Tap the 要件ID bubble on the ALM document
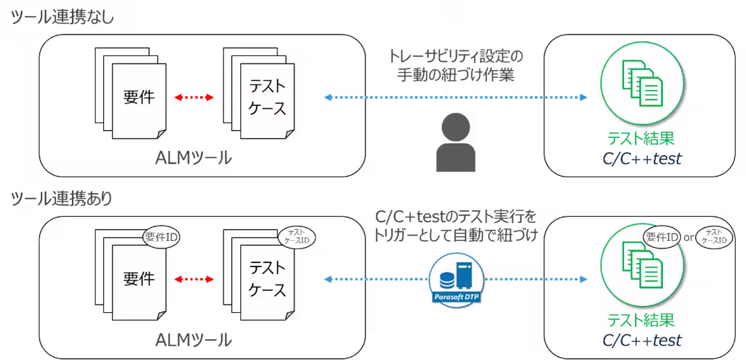[161, 237]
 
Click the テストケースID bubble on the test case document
[297, 237]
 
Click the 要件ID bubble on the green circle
[662, 237]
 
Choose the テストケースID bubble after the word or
[714, 237]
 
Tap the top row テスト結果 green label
[641, 138]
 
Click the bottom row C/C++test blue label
[642, 340]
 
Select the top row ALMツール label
[194, 159]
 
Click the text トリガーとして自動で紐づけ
[455, 235]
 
